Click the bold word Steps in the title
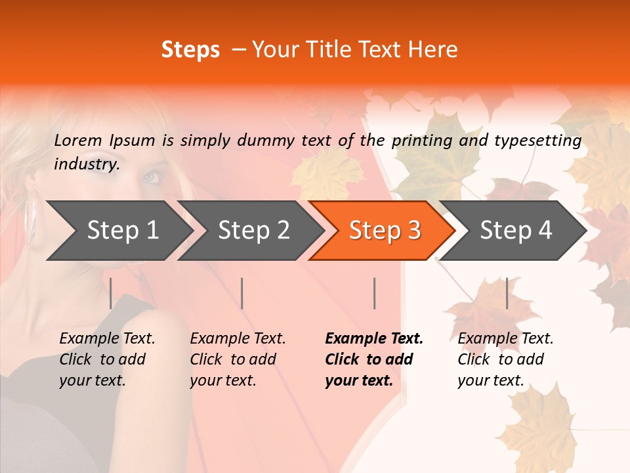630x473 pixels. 190,50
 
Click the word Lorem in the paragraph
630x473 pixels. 78,140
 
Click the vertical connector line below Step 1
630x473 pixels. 111,293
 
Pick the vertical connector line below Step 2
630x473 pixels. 242,293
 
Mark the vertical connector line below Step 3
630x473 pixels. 374,293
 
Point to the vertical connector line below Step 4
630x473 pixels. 507,293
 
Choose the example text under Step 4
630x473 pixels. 504,359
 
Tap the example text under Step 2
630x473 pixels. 237,359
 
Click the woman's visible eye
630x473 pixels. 151,177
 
